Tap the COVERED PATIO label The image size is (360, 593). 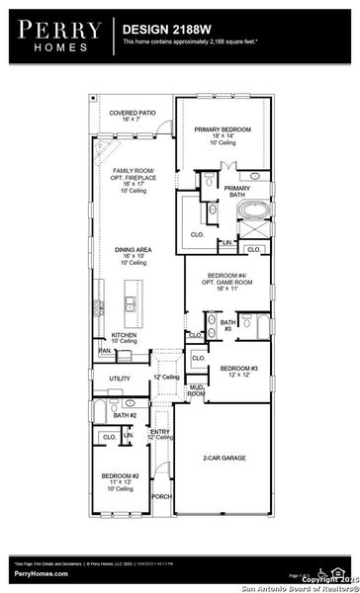pyautogui.click(x=132, y=114)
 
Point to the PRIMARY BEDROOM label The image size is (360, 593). pyautogui.click(x=223, y=129)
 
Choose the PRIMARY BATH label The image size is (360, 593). pyautogui.click(x=236, y=191)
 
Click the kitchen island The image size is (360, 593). pyautogui.click(x=130, y=301)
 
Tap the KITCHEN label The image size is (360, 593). pyautogui.click(x=124, y=335)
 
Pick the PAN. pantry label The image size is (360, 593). pyautogui.click(x=104, y=350)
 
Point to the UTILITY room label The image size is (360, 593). pyautogui.click(x=120, y=379)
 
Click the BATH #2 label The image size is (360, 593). pyautogui.click(x=124, y=416)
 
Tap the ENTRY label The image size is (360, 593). pyautogui.click(x=160, y=431)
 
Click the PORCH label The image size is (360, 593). pyautogui.click(x=161, y=496)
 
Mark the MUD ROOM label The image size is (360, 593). pyautogui.click(x=197, y=390)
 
